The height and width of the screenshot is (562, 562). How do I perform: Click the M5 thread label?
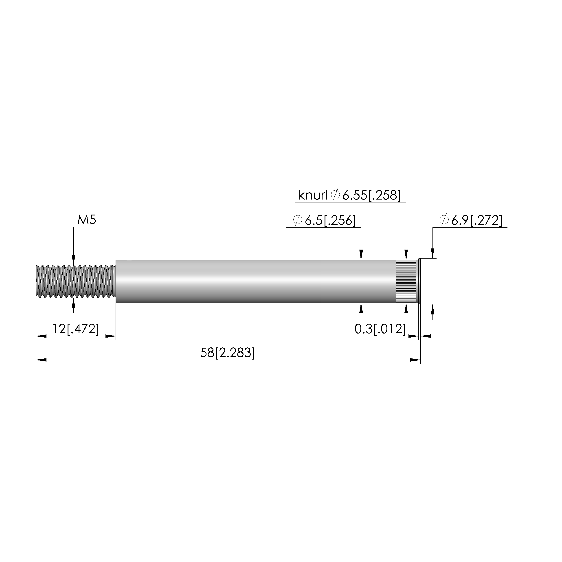tap(87, 220)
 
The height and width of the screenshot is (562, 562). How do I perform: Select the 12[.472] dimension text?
tap(76, 329)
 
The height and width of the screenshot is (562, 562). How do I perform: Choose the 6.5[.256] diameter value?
tap(330, 220)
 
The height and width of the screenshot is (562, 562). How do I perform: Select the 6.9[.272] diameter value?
tap(477, 220)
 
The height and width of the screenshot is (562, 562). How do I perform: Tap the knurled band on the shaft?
tap(406, 281)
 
